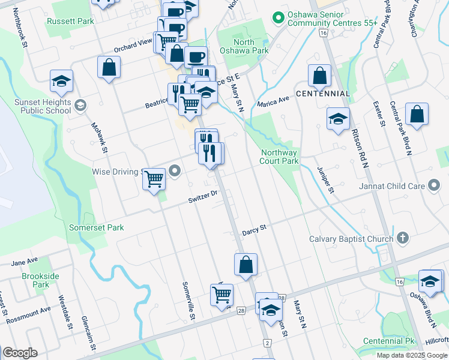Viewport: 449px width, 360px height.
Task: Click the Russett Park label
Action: [x=70, y=21]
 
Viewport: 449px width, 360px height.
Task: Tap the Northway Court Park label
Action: [x=279, y=157]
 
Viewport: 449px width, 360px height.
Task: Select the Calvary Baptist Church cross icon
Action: [x=402, y=239]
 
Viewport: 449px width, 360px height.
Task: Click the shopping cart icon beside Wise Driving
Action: [x=154, y=178]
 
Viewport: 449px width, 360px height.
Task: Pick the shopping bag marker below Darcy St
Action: [x=246, y=265]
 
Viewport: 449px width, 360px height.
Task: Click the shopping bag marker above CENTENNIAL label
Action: [x=319, y=76]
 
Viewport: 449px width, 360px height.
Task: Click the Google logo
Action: [x=20, y=353]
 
